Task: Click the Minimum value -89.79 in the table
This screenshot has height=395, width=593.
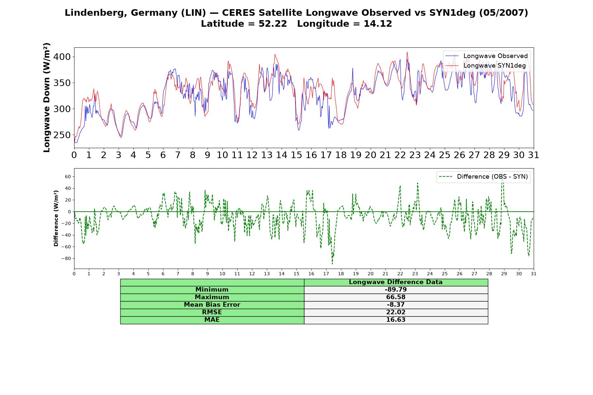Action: tap(396, 290)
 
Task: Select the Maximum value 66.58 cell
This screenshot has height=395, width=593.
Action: tap(396, 297)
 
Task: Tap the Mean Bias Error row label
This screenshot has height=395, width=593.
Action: tap(212, 305)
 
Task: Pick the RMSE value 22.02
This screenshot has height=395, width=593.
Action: tap(396, 312)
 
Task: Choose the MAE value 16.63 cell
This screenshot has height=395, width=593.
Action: tap(396, 320)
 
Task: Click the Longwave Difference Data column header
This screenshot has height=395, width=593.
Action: tap(396, 282)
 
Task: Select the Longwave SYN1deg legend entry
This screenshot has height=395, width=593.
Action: tap(485, 66)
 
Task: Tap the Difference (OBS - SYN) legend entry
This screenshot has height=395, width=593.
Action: tap(483, 177)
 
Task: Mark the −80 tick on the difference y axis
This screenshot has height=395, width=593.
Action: tap(66, 258)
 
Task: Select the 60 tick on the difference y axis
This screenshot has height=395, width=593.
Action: tap(68, 177)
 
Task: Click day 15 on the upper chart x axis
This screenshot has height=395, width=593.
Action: tap(296, 155)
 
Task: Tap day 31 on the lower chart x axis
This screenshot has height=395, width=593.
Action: tap(534, 274)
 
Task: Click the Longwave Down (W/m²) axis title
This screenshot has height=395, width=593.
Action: tap(47, 97)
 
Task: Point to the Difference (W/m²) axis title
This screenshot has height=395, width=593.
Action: tap(56, 218)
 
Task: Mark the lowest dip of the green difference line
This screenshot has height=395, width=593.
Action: tap(332, 264)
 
